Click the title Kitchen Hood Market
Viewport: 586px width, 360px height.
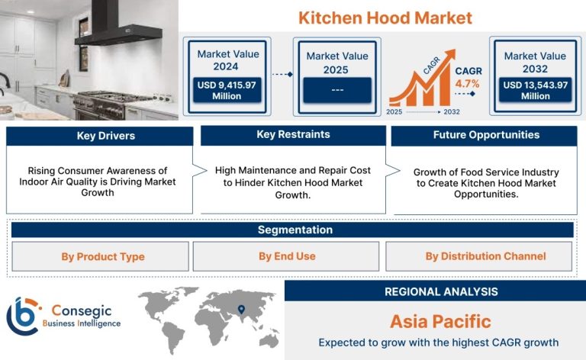[385, 18]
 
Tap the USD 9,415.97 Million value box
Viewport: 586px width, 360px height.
[227, 90]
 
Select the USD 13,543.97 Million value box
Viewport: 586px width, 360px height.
[535, 90]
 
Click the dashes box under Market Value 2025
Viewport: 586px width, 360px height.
[337, 90]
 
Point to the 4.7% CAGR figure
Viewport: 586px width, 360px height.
[467, 84]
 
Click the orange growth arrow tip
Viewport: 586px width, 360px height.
[454, 50]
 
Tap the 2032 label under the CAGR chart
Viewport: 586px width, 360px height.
[452, 111]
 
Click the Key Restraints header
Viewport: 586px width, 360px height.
[293, 135]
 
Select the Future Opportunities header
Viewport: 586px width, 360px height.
[485, 135]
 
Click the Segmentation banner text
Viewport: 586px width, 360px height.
[295, 230]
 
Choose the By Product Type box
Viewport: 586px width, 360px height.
[100, 256]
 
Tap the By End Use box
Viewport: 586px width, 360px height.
[286, 256]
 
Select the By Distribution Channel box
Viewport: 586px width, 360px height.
[478, 256]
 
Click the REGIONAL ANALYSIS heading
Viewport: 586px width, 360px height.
[441, 291]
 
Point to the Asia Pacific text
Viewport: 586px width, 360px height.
[440, 322]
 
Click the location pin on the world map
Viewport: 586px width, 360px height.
[241, 310]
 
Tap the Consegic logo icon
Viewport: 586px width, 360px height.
[23, 317]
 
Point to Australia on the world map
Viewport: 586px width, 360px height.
[269, 340]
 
